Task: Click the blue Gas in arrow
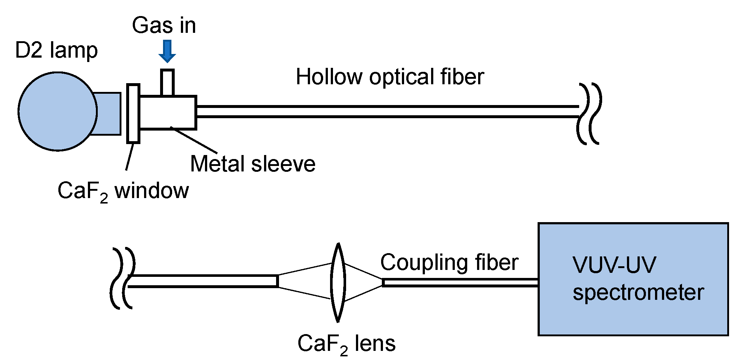point(167,51)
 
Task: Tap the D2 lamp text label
point(56,50)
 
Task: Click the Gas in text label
point(164,26)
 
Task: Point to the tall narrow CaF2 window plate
point(133,113)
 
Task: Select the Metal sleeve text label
point(252,164)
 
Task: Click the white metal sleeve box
point(168,112)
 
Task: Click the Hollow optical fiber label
point(390,77)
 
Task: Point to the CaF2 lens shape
point(338,283)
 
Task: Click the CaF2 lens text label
point(346,344)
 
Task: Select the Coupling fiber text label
point(449,262)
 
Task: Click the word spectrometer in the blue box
point(638,293)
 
